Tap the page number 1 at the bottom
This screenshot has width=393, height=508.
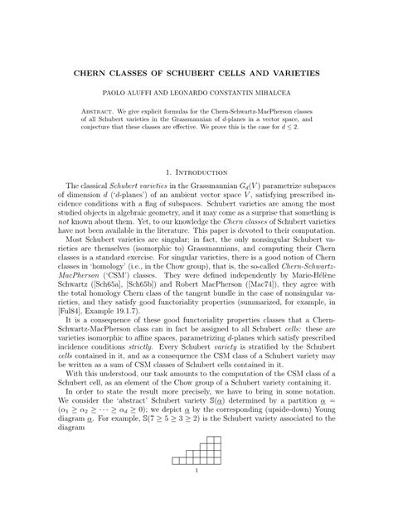(196, 496)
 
